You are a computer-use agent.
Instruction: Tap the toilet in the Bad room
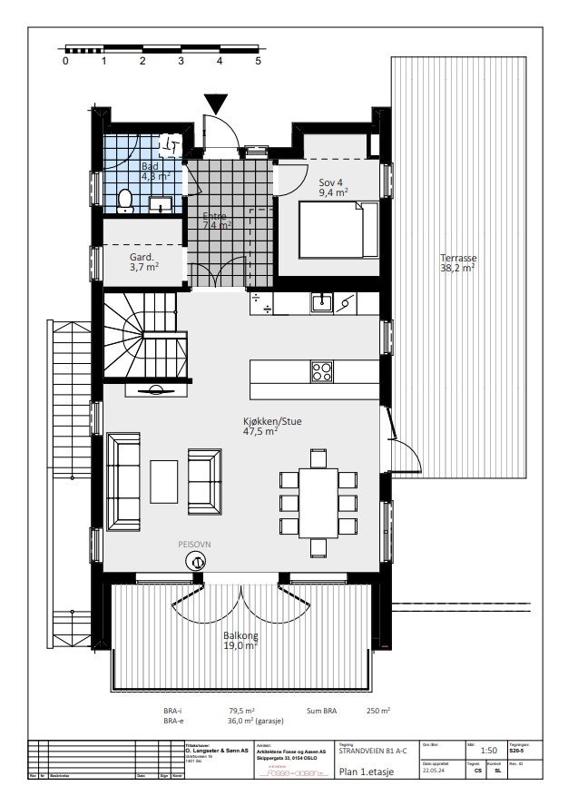pyautogui.click(x=127, y=201)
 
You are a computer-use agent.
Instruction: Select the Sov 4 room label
pyautogui.click(x=333, y=187)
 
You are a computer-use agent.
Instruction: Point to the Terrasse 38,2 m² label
pyautogui.click(x=457, y=263)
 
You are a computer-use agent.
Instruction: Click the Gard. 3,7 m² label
pyautogui.click(x=144, y=262)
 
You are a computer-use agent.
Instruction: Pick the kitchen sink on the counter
pyautogui.click(x=320, y=302)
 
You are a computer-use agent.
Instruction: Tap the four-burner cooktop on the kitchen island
pyautogui.click(x=321, y=372)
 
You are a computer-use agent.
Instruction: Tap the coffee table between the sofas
pyautogui.click(x=164, y=481)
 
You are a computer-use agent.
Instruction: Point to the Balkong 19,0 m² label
pyautogui.click(x=240, y=641)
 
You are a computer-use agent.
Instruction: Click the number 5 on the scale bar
pyautogui.click(x=259, y=62)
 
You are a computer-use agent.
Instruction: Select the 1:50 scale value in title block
pyautogui.click(x=487, y=751)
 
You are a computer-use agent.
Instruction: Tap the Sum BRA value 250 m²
pyautogui.click(x=378, y=711)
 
